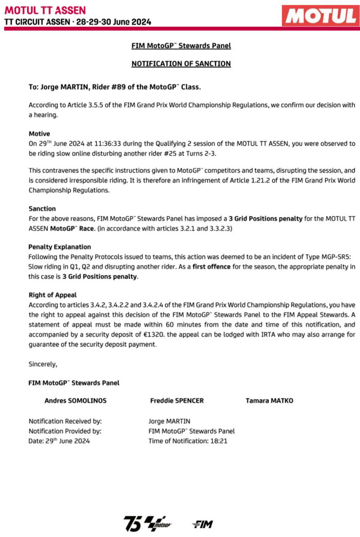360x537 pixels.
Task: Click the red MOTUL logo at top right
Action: coord(320,16)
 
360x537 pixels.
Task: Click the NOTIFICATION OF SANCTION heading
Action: coord(181,64)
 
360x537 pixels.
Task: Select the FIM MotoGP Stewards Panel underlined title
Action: coord(181,46)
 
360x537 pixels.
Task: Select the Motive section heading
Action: coord(39,134)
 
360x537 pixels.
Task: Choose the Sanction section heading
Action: coord(42,209)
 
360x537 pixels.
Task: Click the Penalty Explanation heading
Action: coord(59,247)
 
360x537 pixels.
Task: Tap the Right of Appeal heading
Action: coord(52,295)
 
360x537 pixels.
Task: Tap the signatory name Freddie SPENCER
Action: coord(176,400)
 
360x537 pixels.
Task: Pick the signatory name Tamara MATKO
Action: coord(269,400)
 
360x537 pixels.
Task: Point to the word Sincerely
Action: coord(43,364)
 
